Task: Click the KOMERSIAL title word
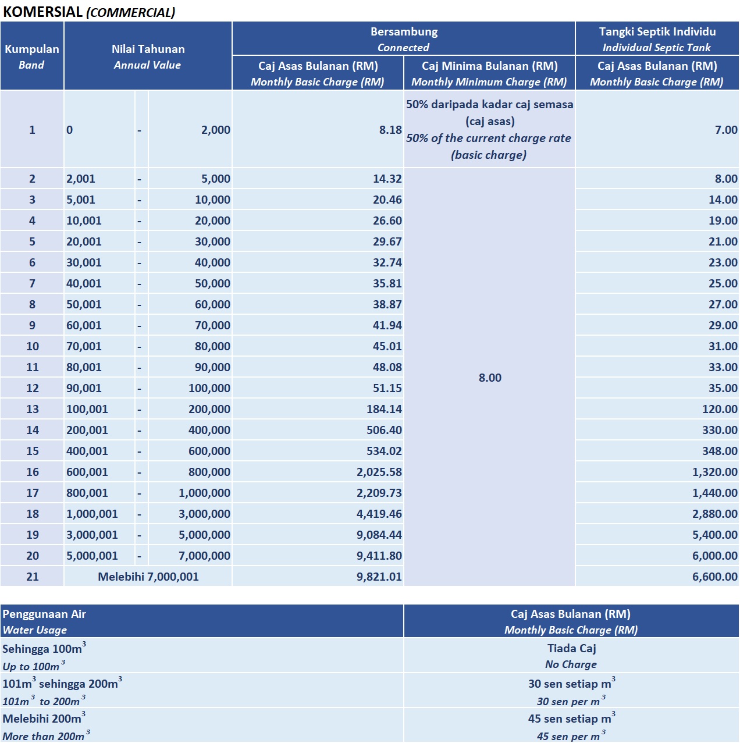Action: (43, 12)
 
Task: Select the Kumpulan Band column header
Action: (32, 56)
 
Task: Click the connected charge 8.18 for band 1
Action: (390, 130)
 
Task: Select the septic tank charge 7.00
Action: (725, 130)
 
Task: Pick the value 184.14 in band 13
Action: (384, 409)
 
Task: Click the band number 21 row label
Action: (33, 577)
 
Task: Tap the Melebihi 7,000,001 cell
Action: (148, 577)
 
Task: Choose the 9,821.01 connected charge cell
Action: (379, 577)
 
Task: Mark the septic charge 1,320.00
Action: (714, 472)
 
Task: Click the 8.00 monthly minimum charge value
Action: (490, 378)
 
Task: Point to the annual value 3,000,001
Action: (92, 535)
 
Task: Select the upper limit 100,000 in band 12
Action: (209, 388)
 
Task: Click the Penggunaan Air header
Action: (44, 614)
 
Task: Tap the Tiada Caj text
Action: (571, 648)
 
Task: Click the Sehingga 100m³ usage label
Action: (43, 649)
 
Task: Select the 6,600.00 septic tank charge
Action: (714, 577)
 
